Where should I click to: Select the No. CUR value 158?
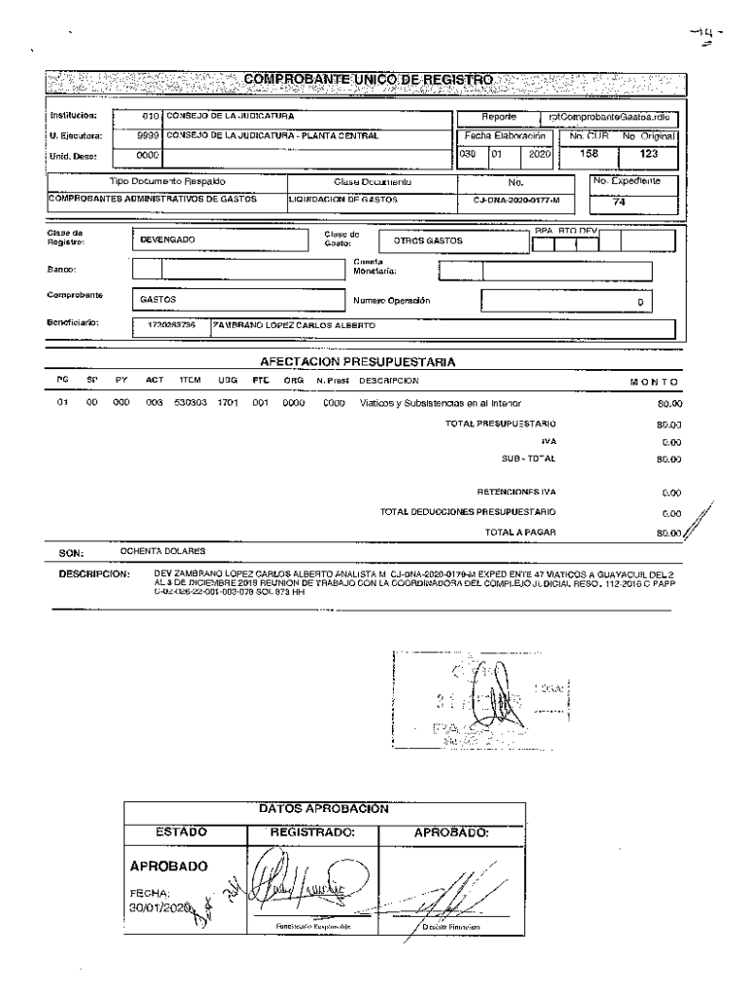pos(588,154)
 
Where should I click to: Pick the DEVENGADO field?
pos(168,240)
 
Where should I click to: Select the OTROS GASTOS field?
pos(428,240)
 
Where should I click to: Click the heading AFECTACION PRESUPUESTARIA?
pos(359,362)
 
